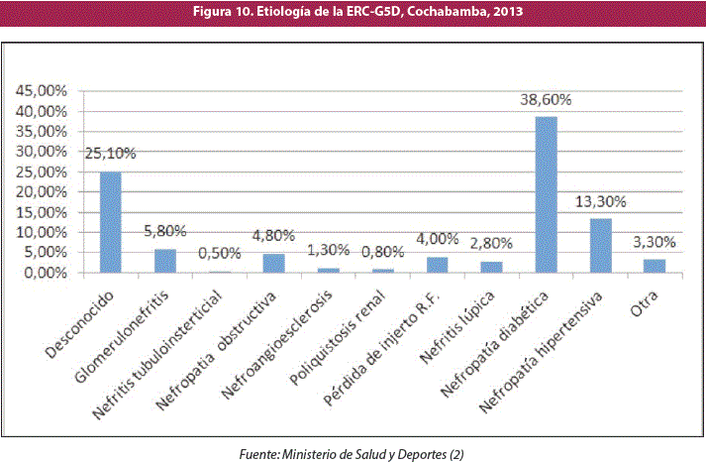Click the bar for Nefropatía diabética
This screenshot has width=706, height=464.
coord(546,194)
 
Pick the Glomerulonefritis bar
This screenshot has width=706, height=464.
coord(164,261)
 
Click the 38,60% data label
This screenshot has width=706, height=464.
coord(546,100)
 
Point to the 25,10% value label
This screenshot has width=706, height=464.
coord(111,155)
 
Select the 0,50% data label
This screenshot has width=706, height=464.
coord(220,253)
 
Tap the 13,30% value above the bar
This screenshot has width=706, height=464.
coord(601,201)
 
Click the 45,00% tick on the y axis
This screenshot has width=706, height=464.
coord(41,91)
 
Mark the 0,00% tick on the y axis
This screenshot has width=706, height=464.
coord(44,273)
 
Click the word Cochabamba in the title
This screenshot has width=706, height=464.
coord(447,12)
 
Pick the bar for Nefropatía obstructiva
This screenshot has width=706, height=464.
coord(273,263)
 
